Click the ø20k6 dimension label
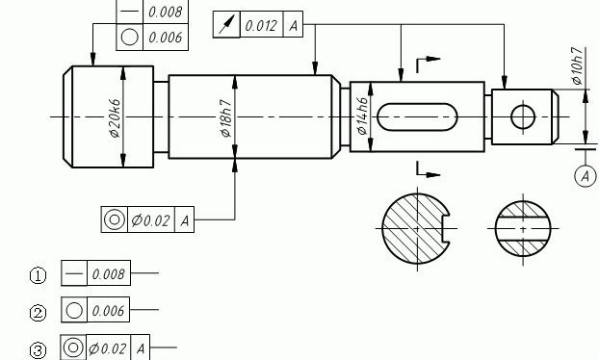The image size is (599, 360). click(115, 117)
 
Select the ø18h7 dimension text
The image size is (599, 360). click(225, 117)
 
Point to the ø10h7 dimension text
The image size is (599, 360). click(577, 65)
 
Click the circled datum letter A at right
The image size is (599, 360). click(585, 175)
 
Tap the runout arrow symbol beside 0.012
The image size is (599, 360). click(226, 26)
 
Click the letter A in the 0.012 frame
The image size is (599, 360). click(294, 26)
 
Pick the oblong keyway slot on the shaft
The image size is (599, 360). click(417, 116)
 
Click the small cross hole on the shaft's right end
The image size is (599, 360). click(522, 117)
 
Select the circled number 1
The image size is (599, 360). click(38, 276)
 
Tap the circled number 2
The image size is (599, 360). click(38, 313)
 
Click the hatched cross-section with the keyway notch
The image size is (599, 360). click(414, 229)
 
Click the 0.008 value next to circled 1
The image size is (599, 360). click(109, 274)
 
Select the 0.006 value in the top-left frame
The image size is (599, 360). click(166, 37)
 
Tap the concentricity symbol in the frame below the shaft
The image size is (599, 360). click(115, 220)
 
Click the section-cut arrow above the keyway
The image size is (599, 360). click(428, 60)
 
